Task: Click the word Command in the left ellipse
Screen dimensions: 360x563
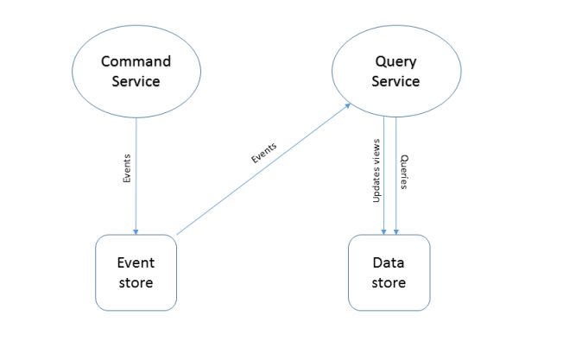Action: pyautogui.click(x=136, y=61)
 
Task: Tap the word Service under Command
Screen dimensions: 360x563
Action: pyautogui.click(x=136, y=81)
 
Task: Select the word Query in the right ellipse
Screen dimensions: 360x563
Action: pyautogui.click(x=396, y=61)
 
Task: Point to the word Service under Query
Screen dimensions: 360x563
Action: pyautogui.click(x=396, y=81)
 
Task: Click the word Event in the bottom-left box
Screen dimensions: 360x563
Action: pyautogui.click(x=136, y=262)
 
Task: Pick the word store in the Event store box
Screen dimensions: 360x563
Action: pyautogui.click(x=136, y=281)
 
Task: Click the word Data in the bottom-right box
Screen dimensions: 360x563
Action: pyautogui.click(x=389, y=262)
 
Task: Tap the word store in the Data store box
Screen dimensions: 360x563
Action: pyautogui.click(x=389, y=281)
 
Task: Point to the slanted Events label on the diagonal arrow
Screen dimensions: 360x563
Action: pyautogui.click(x=263, y=152)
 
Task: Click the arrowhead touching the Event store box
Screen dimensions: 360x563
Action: pyautogui.click(x=135, y=231)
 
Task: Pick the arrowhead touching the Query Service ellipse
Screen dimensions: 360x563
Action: pyautogui.click(x=348, y=104)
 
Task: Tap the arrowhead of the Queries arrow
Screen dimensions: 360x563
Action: pyautogui.click(x=396, y=231)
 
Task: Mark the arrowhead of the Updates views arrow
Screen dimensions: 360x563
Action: pyautogui.click(x=383, y=231)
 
